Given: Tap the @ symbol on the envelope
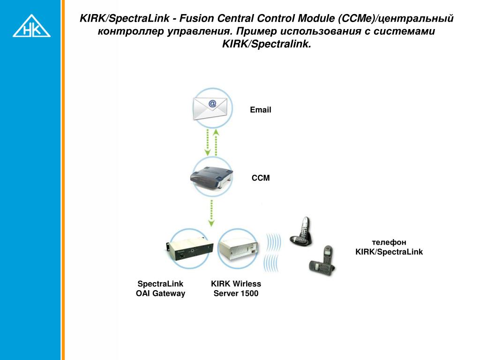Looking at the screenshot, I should [212, 103].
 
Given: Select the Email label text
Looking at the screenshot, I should [260, 110].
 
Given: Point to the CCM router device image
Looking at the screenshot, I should [211, 176].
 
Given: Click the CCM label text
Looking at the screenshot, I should [261, 178].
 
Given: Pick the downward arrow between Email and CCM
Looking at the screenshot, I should [208, 142].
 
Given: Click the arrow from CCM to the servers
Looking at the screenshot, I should [211, 213].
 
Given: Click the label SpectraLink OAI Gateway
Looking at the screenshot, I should [160, 289].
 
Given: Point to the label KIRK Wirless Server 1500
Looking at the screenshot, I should [236, 289].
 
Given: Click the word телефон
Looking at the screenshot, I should [389, 242].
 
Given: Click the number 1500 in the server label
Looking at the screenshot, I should [249, 294].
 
